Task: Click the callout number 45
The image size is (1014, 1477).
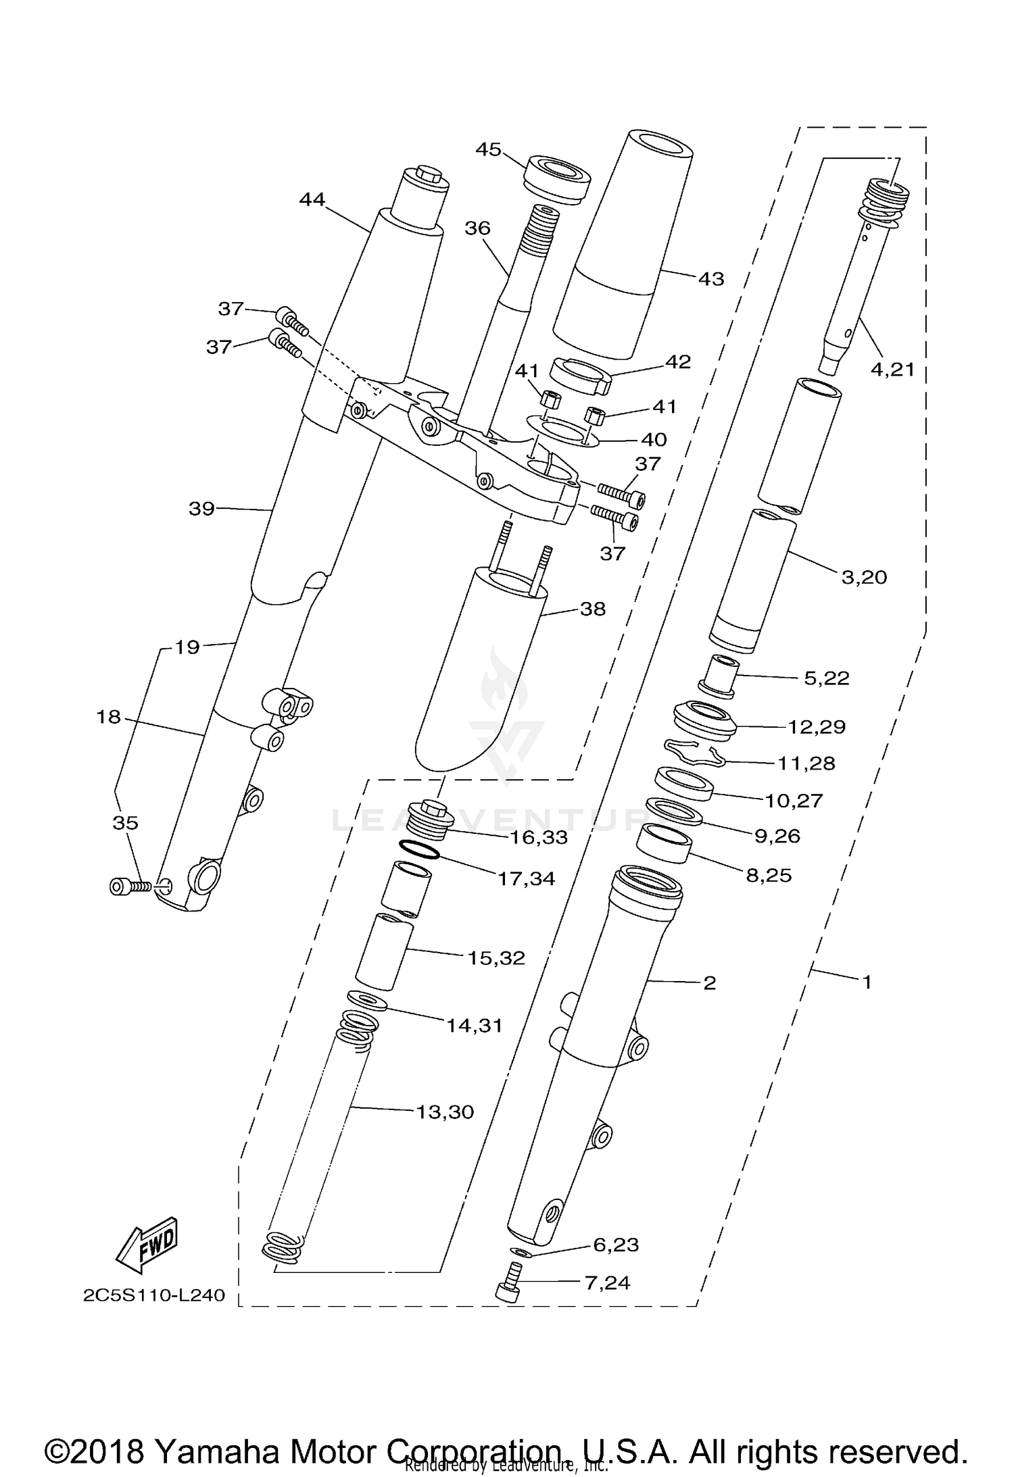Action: [488, 149]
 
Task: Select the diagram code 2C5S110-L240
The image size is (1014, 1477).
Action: [154, 1295]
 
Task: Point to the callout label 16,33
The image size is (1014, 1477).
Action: [538, 837]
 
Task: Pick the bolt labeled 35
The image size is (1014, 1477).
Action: [128, 885]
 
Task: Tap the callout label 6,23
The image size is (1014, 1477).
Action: [615, 1245]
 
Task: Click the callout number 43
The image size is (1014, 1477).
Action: [710, 278]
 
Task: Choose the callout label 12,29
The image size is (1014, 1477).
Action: [817, 727]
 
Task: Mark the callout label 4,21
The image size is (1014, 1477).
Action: [892, 369]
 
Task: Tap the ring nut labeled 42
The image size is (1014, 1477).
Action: [581, 375]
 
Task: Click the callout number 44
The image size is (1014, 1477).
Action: [312, 199]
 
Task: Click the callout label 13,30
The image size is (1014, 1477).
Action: [445, 1111]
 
